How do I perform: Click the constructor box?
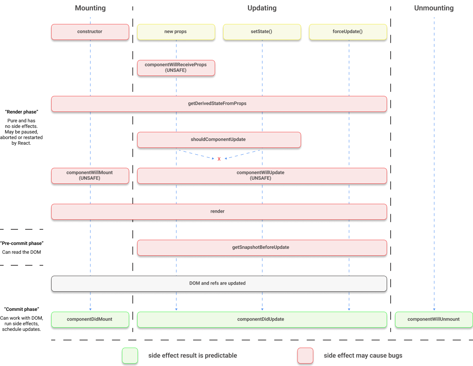(x=90, y=32)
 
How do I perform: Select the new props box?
(x=176, y=32)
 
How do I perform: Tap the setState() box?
(x=262, y=32)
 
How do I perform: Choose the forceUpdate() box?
(x=347, y=32)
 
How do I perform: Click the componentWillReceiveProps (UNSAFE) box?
(x=176, y=68)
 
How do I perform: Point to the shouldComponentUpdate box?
(x=218, y=139)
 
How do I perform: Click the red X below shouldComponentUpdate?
(x=219, y=159)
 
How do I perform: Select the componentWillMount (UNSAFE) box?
(x=90, y=175)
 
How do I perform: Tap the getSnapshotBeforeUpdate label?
(x=261, y=247)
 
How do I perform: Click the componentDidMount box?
(x=90, y=319)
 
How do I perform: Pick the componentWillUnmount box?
(x=433, y=319)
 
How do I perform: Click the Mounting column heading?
(x=90, y=8)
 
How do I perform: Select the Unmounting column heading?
(x=434, y=8)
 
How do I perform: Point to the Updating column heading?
(x=262, y=8)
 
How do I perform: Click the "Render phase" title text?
(x=22, y=112)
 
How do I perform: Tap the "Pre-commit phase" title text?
(x=22, y=243)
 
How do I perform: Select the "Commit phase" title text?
(x=22, y=309)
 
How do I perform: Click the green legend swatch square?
(x=130, y=355)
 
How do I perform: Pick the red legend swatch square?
(x=305, y=355)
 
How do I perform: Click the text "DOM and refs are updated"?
(x=218, y=283)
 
